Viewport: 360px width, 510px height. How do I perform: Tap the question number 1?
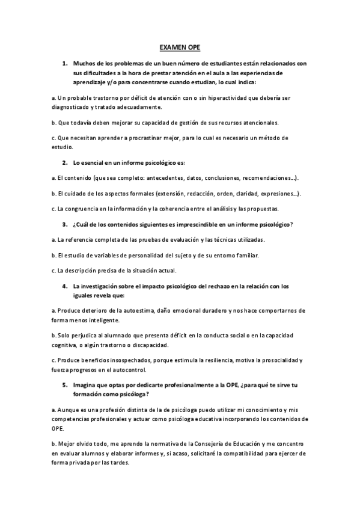pyautogui.click(x=64, y=63)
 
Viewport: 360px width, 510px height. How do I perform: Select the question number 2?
pyautogui.click(x=64, y=163)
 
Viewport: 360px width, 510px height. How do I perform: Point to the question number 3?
pyautogui.click(x=64, y=224)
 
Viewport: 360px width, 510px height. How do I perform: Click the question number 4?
pyautogui.click(x=64, y=286)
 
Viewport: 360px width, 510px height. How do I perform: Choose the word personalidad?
pyautogui.click(x=150, y=255)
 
